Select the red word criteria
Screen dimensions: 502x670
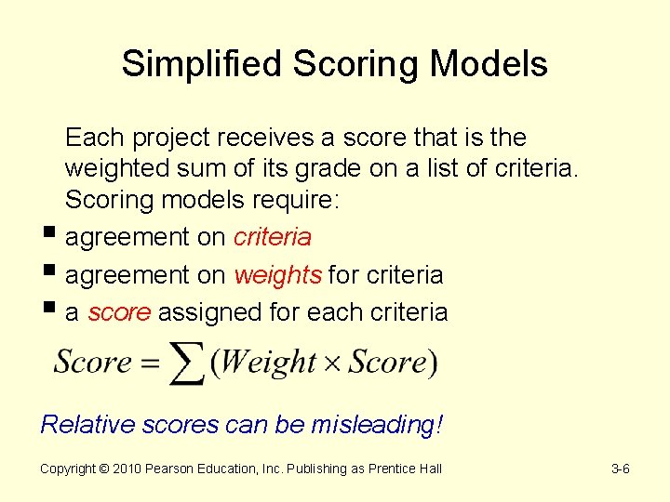(272, 238)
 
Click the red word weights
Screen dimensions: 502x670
(278, 275)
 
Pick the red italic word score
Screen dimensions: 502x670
(119, 312)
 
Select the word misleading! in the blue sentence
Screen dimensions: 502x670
(377, 425)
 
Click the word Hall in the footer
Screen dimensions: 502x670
(430, 469)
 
